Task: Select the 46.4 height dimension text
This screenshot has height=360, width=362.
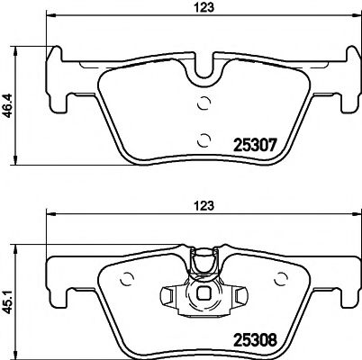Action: pos(8,99)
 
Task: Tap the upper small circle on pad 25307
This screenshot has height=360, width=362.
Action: pos(204,103)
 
